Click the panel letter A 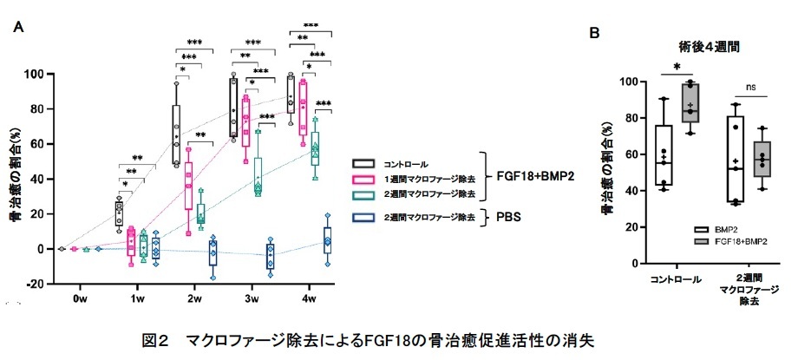pos(17,27)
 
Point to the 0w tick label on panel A pos(80,298)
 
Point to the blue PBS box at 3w pos(271,256)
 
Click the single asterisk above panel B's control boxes pos(677,67)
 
